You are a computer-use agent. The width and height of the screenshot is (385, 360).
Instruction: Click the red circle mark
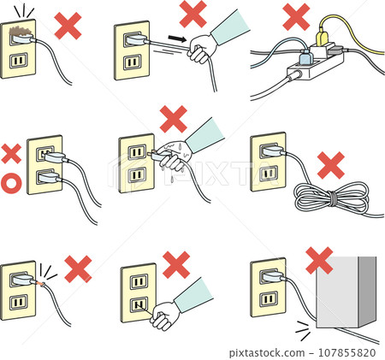[12, 181]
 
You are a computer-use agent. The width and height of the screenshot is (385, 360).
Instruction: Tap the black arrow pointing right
[175, 39]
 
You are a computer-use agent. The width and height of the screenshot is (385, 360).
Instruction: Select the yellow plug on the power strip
[323, 38]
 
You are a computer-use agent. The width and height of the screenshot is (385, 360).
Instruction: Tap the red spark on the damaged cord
[42, 281]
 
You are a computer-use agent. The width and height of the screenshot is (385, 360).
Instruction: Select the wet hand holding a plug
[175, 157]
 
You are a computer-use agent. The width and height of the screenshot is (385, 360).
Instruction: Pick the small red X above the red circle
[11, 154]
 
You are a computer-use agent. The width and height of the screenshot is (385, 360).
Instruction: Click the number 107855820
[349, 351]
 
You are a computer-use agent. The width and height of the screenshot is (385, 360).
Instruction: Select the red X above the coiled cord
[330, 164]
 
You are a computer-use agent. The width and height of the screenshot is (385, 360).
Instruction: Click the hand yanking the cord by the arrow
[203, 50]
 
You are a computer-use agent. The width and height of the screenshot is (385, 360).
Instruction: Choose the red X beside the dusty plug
[68, 26]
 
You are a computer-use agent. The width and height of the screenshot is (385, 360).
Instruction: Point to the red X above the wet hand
[174, 118]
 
